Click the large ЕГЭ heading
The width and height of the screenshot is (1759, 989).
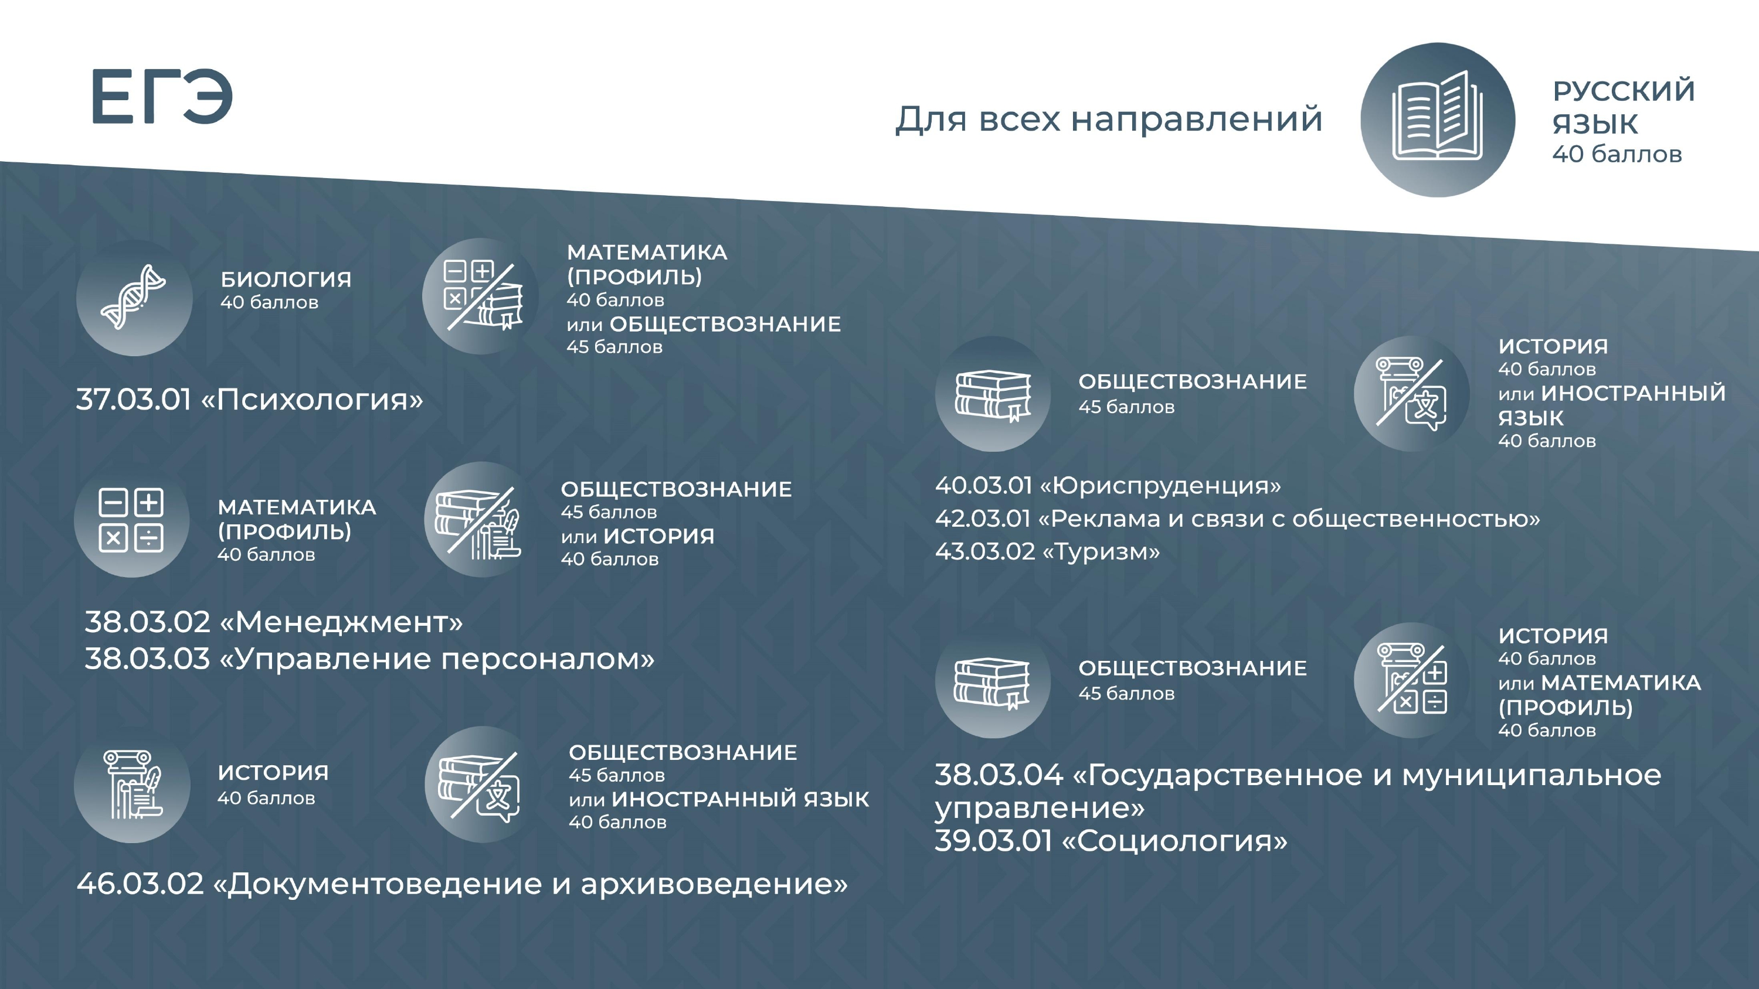coord(162,96)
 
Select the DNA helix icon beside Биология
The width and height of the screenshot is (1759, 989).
coord(133,297)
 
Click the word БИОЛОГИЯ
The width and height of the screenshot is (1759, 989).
coord(286,279)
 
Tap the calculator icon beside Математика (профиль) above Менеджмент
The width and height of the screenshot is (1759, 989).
coord(131,520)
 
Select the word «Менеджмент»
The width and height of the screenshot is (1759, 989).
coord(341,622)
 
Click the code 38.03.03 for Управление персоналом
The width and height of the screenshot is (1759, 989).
coord(147,659)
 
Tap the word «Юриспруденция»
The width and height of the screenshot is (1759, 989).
coord(1160,486)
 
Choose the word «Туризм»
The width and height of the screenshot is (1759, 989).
coord(1101,551)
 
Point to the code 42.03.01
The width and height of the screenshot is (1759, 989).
coord(983,519)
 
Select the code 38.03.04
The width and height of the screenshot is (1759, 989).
coord(999,775)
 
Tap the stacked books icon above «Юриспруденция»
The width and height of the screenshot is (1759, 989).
coord(993,394)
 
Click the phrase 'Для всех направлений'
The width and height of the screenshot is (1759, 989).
coord(1109,120)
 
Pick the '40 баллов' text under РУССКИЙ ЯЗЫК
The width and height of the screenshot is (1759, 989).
coord(1617,155)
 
